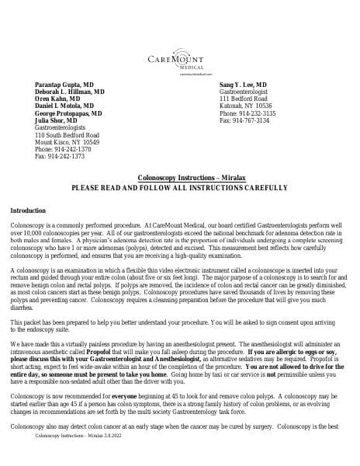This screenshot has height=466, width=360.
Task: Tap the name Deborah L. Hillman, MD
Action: [70, 91]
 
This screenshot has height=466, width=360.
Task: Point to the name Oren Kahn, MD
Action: [57, 99]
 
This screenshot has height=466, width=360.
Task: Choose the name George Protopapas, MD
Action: [68, 113]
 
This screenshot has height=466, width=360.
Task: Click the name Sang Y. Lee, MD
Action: [244, 83]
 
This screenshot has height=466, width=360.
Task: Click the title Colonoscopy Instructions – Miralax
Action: [179, 179]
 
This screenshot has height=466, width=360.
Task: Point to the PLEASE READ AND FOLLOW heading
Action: [179, 188]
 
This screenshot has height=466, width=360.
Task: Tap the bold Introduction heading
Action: [28, 211]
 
